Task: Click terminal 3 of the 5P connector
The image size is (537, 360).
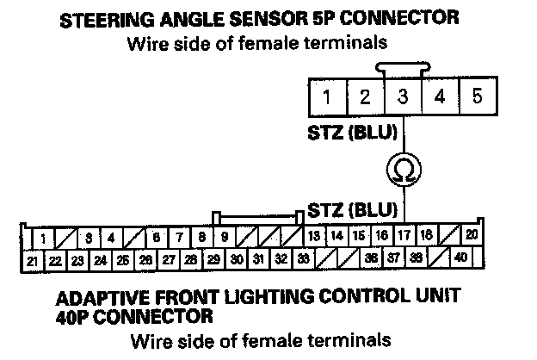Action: point(402,96)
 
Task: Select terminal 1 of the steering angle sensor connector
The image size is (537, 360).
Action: point(326,96)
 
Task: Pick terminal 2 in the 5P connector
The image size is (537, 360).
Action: point(364,96)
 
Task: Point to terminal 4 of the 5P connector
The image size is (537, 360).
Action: point(440,96)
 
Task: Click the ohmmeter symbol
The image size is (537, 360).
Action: point(402,169)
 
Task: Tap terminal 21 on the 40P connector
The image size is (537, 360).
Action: point(32,258)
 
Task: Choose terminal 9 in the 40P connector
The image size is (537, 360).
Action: point(224,236)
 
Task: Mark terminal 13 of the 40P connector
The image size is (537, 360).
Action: point(314,236)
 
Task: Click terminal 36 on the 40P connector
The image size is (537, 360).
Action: point(370,257)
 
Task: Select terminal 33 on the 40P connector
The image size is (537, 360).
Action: point(303,258)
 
